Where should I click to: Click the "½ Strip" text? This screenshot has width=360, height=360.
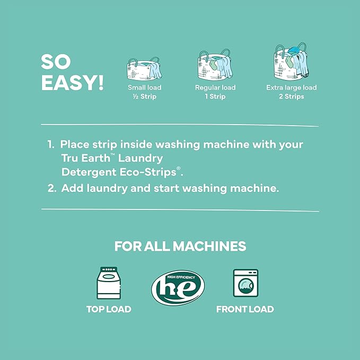point(145,96)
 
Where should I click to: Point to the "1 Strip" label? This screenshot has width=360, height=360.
point(215,96)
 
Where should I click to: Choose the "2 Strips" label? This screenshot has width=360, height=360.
point(291,96)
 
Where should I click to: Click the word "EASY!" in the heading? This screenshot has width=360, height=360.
point(72,83)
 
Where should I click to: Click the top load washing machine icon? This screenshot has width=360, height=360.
point(109,284)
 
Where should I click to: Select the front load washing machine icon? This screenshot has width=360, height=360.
point(245,284)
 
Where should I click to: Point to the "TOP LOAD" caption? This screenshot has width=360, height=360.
point(109,309)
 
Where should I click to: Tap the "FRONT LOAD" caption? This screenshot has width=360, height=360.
point(245,309)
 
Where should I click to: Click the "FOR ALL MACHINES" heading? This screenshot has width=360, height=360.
point(180,247)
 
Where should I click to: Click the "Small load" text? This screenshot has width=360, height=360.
point(145,87)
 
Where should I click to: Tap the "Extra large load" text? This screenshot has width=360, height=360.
point(291,87)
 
